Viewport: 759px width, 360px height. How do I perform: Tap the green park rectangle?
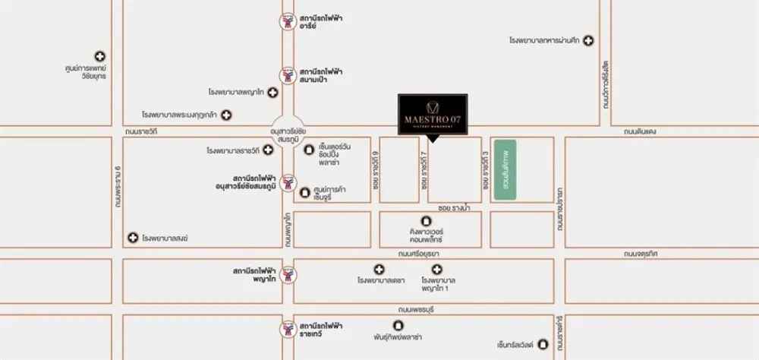coord(505,170)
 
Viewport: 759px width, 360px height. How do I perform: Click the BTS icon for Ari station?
coord(287,21)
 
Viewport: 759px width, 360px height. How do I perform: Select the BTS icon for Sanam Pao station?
coord(287,74)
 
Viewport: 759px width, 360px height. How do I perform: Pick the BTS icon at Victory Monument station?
coord(287,183)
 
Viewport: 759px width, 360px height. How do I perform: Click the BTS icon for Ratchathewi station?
coord(287,328)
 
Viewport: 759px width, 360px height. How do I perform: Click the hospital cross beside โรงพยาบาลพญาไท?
coord(272,91)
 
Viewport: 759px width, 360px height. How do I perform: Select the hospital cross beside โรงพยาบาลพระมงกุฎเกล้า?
coord(225,115)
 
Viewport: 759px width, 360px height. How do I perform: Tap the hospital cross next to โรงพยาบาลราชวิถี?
coord(268,150)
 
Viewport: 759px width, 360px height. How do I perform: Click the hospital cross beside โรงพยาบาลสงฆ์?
coord(134,238)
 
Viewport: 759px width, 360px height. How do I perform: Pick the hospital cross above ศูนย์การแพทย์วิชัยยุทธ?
coord(100,56)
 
